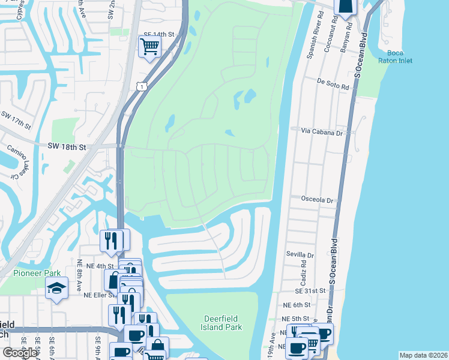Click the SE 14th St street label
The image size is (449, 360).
(158, 35)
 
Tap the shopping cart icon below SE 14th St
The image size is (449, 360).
(149, 46)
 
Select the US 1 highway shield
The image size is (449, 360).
(140, 86)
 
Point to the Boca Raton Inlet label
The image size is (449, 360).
(395, 57)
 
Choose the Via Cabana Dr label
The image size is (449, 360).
(321, 130)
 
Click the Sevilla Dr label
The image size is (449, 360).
(300, 255)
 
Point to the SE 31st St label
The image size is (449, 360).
(310, 290)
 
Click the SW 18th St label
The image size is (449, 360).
(68, 146)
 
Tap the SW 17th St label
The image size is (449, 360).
(16, 120)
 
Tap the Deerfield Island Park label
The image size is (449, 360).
(221, 323)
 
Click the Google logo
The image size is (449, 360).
(20, 353)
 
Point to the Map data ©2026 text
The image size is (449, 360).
(423, 355)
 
